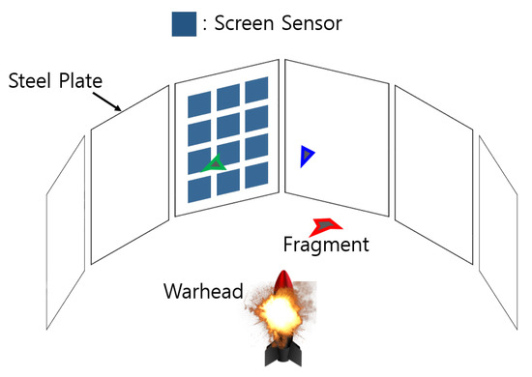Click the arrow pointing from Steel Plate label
click(x=109, y=101)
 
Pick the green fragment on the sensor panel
click(x=215, y=164)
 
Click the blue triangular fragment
click(x=307, y=155)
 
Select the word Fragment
click(x=326, y=246)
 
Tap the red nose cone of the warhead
click(x=282, y=282)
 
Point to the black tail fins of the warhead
click(x=281, y=356)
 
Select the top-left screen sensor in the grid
click(x=198, y=103)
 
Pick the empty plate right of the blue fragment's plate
click(x=432, y=174)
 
